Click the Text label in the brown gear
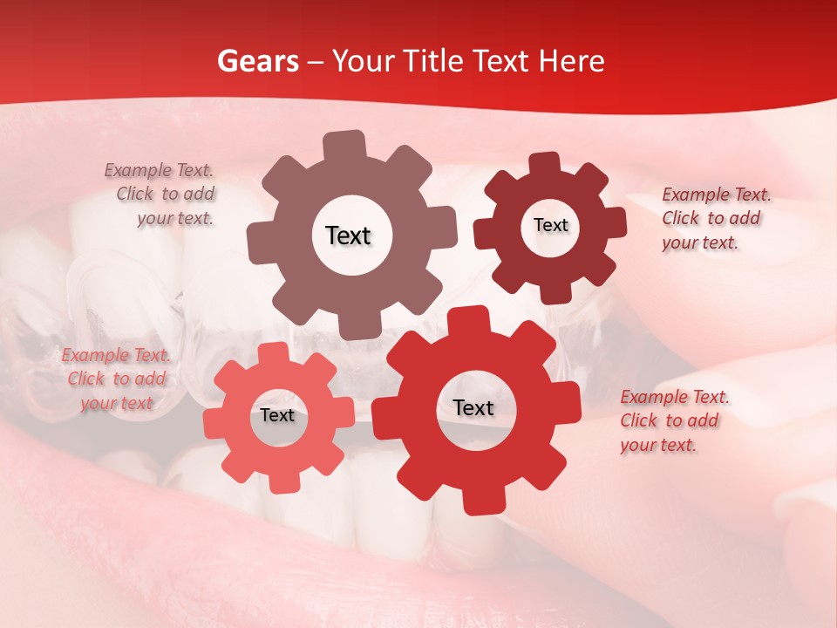pos(348,235)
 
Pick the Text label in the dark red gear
pos(550,225)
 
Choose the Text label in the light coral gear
pos(277,415)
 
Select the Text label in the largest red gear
pos(473,407)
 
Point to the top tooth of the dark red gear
pos(545,163)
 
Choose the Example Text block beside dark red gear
pos(715,218)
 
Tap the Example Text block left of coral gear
pos(116,379)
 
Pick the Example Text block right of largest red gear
pos(673,420)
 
